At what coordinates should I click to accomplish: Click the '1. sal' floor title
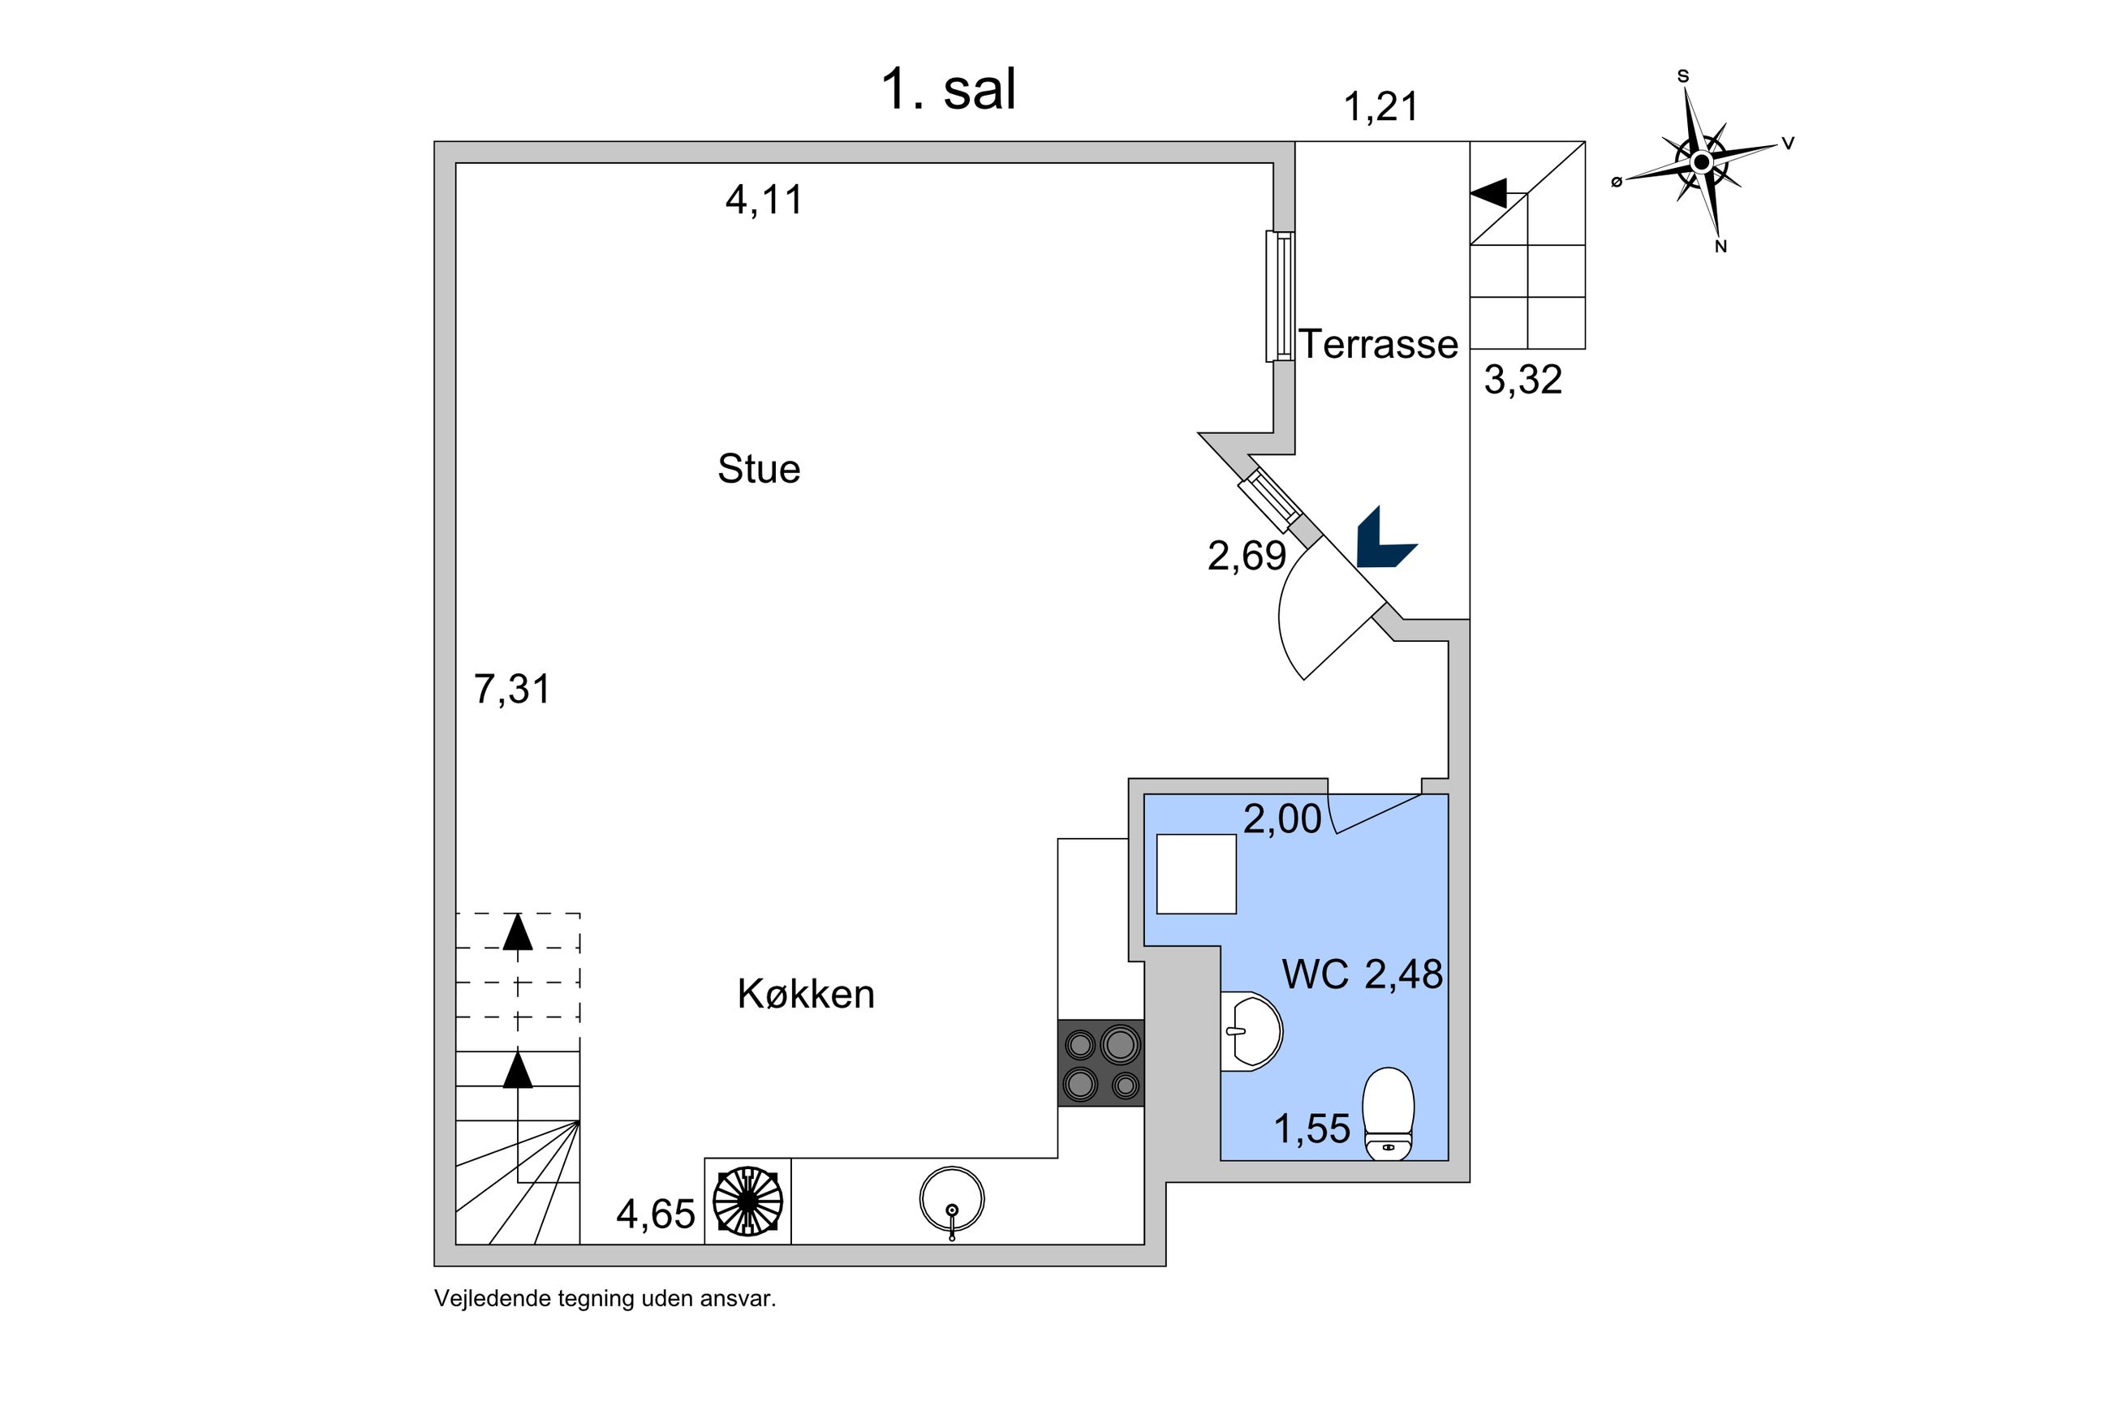pyautogui.click(x=948, y=90)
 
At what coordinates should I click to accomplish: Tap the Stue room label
pyautogui.click(x=759, y=469)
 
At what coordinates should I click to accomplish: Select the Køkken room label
pyautogui.click(x=805, y=994)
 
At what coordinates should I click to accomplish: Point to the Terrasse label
pyautogui.click(x=1378, y=344)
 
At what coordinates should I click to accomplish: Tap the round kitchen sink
pyautogui.click(x=951, y=1199)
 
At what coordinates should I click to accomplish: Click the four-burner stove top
pyautogui.click(x=1100, y=1064)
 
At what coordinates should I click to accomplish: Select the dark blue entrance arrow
pyautogui.click(x=1382, y=540)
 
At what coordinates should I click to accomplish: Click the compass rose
pyautogui.click(x=1701, y=162)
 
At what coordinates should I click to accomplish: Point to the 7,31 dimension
pyautogui.click(x=511, y=690)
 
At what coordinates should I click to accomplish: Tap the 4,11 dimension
pyautogui.click(x=764, y=200)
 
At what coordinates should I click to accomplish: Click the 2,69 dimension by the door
pyautogui.click(x=1247, y=556)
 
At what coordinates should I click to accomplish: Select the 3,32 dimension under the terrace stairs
pyautogui.click(x=1522, y=381)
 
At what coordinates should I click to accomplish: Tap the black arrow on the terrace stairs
pyautogui.click(x=1489, y=193)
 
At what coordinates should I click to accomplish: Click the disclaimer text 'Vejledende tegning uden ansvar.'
pyautogui.click(x=605, y=1298)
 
